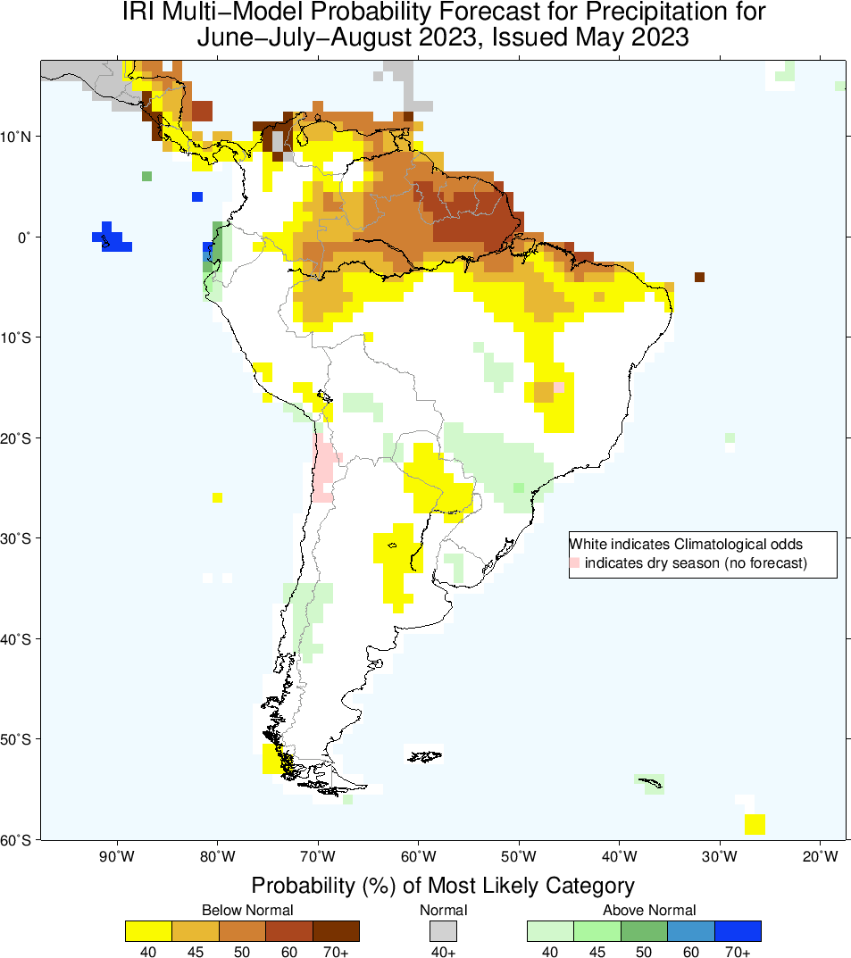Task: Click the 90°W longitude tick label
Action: pos(116,857)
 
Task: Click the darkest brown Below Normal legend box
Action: pos(336,931)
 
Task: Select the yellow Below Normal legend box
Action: pos(149,931)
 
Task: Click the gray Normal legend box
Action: pos(443,931)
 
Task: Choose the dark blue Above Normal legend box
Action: pos(738,931)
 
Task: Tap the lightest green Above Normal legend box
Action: pos(550,931)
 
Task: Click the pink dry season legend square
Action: pos(575,562)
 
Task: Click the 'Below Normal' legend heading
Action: pos(242,910)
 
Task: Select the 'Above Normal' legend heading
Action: pos(644,910)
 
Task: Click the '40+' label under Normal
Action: pos(443,952)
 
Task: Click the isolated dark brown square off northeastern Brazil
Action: pos(699,277)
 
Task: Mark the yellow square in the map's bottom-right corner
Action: pos(755,824)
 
